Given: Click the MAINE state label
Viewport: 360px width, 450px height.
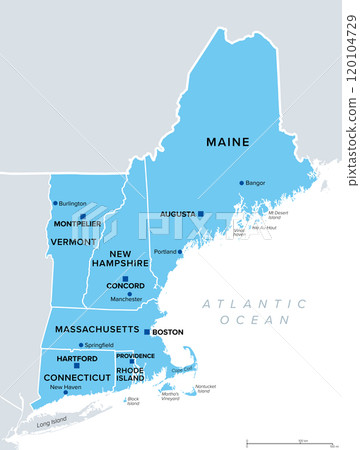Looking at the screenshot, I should pyautogui.click(x=228, y=142).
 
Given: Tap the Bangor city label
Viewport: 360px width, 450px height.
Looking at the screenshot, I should pyautogui.click(x=256, y=183).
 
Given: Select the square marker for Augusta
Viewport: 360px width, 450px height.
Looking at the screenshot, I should pyautogui.click(x=200, y=214).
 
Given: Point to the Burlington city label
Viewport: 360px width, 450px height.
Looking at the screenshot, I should pyautogui.click(x=73, y=203).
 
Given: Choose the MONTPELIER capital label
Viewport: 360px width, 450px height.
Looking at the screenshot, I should pyautogui.click(x=76, y=223).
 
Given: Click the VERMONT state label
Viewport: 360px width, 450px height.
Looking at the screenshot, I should pyautogui.click(x=74, y=241).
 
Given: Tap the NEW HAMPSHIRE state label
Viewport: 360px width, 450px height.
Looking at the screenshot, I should pyautogui.click(x=128, y=258).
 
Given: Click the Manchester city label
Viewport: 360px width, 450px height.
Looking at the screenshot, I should pyautogui.click(x=127, y=298).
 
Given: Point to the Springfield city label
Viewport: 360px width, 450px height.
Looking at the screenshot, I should pyautogui.click(x=96, y=345).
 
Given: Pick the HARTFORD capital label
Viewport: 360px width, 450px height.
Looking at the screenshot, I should pyautogui.click(x=77, y=358).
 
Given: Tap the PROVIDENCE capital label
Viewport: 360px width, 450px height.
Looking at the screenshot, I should pyautogui.click(x=135, y=356).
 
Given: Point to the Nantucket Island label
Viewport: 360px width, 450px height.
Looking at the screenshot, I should pyautogui.click(x=205, y=388).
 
